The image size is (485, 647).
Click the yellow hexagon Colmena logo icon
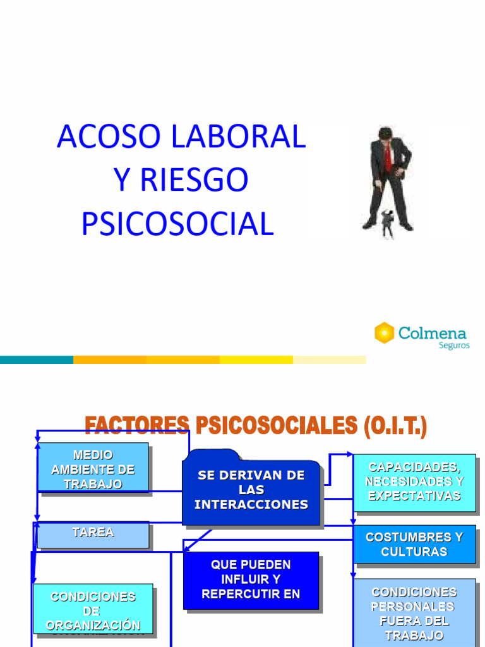point(384,333)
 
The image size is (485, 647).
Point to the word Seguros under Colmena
point(454,346)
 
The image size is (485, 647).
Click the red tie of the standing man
point(388,158)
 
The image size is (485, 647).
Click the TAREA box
point(93,534)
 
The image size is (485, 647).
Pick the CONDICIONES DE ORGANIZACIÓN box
point(93,610)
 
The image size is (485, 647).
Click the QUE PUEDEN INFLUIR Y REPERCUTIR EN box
point(251,579)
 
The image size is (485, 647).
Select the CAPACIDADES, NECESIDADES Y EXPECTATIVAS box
point(414,482)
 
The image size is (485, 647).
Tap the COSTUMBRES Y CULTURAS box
point(414,544)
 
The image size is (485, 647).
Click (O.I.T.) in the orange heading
point(395,426)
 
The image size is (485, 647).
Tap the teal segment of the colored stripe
point(37,360)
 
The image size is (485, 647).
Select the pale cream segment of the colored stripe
point(329,360)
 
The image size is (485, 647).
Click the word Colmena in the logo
point(433,332)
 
